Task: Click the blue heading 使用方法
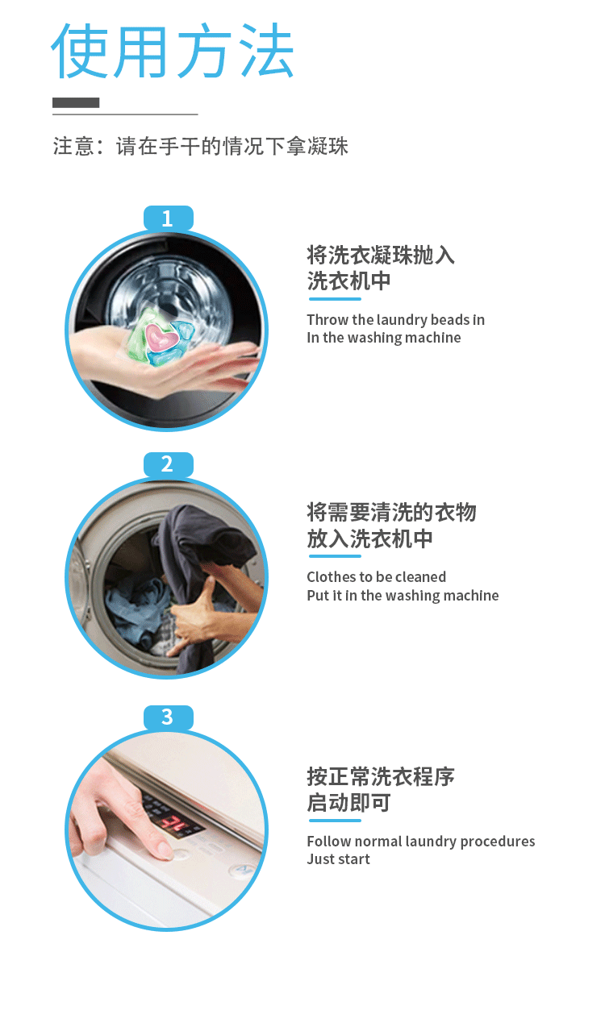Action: [172, 50]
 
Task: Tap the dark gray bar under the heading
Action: [76, 102]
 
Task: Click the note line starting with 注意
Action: [200, 147]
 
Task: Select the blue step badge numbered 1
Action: [168, 218]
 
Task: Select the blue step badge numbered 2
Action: [168, 464]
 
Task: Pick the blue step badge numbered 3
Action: [168, 717]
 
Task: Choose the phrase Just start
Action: [339, 859]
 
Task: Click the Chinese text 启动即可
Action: [349, 803]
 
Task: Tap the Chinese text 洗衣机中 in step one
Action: [349, 281]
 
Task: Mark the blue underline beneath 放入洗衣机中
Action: [335, 556]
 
